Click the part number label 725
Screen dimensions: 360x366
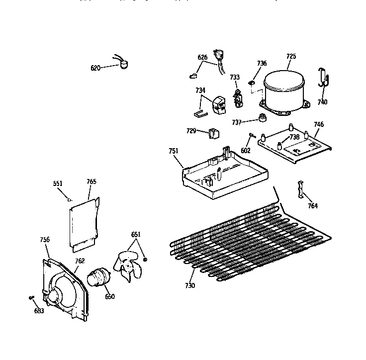click(x=291, y=57)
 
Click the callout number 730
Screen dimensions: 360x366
click(x=190, y=285)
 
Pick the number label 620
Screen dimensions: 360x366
click(x=96, y=68)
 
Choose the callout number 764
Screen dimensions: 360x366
click(x=312, y=206)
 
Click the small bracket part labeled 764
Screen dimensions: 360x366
click(x=300, y=188)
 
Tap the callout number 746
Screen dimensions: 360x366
click(x=319, y=124)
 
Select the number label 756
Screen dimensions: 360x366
click(x=45, y=240)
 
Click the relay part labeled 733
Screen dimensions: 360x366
click(x=238, y=97)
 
